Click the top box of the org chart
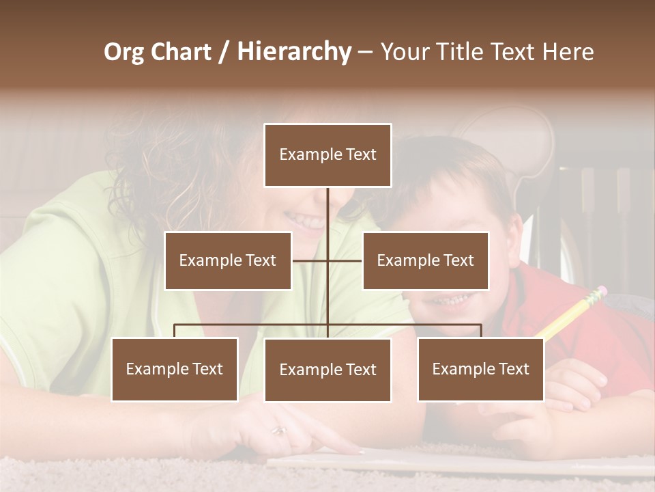tap(327, 155)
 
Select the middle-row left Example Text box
tap(228, 260)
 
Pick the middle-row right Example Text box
tap(425, 260)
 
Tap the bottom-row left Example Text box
tap(175, 369)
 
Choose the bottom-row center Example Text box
tap(327, 370)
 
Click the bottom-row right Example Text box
tap(480, 369)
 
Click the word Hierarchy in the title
tap(294, 52)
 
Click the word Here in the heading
tap(567, 52)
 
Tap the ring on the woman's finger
tap(279, 430)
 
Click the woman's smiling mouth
tap(305, 221)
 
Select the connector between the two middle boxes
tap(327, 260)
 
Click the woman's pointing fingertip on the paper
tap(358, 451)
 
